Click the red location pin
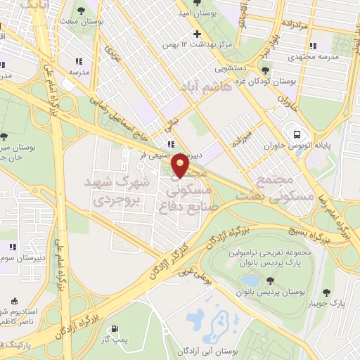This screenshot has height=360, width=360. (x=180, y=165)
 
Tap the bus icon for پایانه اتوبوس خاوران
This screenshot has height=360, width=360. (x=295, y=134)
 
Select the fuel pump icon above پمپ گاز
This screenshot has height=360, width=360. (x=113, y=328)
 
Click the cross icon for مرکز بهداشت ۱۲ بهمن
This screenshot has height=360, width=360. (x=198, y=34)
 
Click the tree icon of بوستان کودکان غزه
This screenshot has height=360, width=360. (x=266, y=69)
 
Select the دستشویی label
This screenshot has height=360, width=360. (x=226, y=70)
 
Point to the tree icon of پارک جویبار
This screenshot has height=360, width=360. (x=326, y=292)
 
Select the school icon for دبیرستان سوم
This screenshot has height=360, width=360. (x=12, y=247)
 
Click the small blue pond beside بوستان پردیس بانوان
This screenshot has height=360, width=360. (x=249, y=282)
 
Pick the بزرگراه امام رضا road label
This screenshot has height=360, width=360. (x=344, y=214)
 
